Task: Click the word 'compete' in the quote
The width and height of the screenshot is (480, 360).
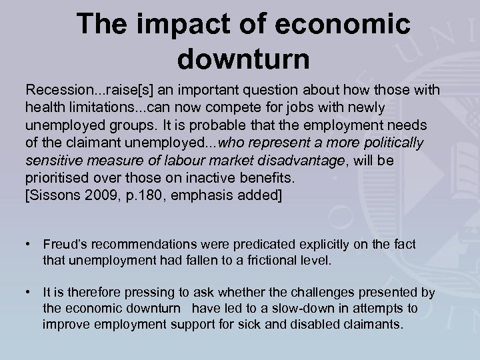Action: click(220, 108)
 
